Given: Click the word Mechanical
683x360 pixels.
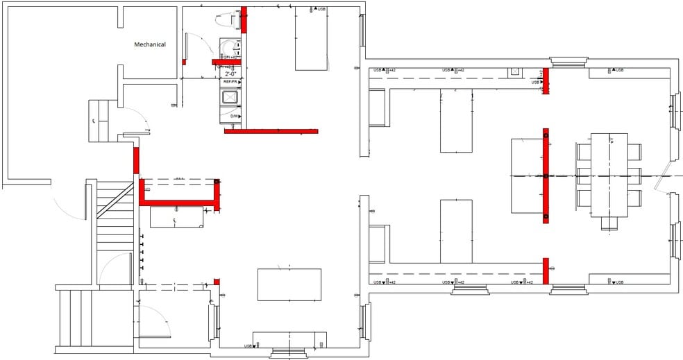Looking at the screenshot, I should (150, 44).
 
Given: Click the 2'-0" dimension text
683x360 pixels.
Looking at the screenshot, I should (231, 73).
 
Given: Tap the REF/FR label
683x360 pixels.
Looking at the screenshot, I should (230, 82).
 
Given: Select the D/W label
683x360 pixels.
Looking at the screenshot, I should (235, 116).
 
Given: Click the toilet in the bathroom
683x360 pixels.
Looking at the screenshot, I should (226, 47).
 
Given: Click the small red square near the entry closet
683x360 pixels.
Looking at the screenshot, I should (217, 281).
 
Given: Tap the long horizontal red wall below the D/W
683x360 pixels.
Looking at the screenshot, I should (271, 131).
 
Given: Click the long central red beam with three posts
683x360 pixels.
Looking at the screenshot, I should (546, 176).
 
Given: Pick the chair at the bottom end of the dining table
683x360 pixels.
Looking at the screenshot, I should (609, 223).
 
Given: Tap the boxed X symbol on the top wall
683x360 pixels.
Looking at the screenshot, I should (514, 71).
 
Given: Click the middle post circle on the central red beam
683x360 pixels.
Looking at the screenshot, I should (546, 177).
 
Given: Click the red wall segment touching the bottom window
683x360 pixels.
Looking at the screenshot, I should (546, 271).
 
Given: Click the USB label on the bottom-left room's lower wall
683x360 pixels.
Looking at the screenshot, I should (248, 345).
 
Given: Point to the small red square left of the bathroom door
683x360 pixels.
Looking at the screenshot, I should (184, 62).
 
